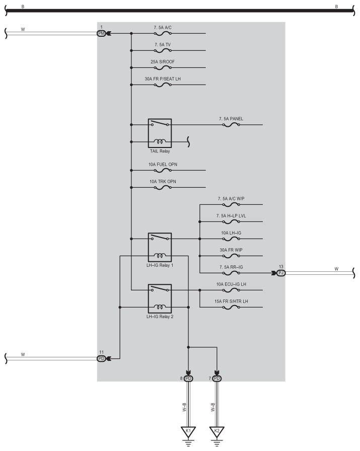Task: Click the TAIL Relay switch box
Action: (x=160, y=133)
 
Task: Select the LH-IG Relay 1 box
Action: (x=160, y=247)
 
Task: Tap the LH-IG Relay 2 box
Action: (x=160, y=298)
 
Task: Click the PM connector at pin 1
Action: (x=102, y=33)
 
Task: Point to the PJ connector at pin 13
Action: (x=281, y=273)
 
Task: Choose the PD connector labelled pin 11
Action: (x=102, y=358)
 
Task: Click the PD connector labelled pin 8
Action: (x=188, y=378)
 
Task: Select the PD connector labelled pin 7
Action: (x=217, y=378)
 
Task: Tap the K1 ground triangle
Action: (x=188, y=431)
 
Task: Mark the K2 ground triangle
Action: (x=217, y=431)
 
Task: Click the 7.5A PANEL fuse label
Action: (x=231, y=119)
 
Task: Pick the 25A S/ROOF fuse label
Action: (x=162, y=61)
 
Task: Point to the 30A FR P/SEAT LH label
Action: (x=162, y=79)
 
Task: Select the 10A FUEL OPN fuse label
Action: (x=163, y=164)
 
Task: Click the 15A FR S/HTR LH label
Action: (x=231, y=302)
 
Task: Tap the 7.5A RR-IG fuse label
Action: (x=231, y=267)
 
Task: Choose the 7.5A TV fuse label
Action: (x=162, y=45)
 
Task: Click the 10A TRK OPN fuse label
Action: (x=162, y=181)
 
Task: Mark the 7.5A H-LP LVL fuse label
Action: (x=231, y=215)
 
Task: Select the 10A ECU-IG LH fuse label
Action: (x=231, y=284)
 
